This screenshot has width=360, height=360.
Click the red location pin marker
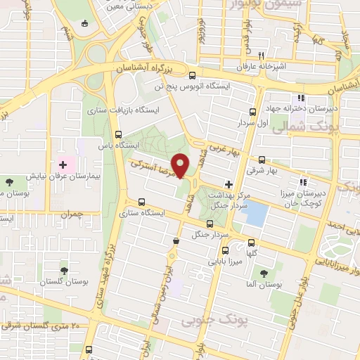181,165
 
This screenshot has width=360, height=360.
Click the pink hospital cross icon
63,165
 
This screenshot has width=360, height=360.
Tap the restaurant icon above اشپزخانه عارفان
261,56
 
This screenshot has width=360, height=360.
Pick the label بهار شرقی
262,170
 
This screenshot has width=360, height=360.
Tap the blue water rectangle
256,212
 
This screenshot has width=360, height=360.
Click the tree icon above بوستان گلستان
65,269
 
